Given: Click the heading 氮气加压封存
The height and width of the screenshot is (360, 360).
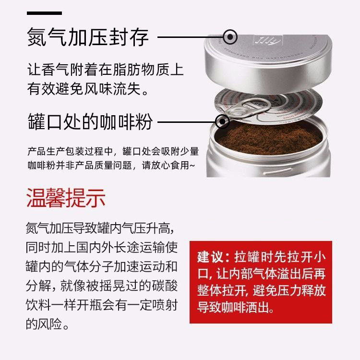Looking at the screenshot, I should pyautogui.click(x=88, y=37).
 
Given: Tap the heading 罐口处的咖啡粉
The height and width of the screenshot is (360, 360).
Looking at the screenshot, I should pyautogui.click(x=90, y=121).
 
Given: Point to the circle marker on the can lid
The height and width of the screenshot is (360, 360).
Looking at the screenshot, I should pyautogui.click(x=231, y=36).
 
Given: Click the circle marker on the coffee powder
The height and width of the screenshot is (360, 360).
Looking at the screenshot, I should pyautogui.click(x=222, y=121).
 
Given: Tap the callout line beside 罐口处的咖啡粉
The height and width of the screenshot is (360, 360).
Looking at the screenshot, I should pyautogui.click(x=187, y=121).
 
